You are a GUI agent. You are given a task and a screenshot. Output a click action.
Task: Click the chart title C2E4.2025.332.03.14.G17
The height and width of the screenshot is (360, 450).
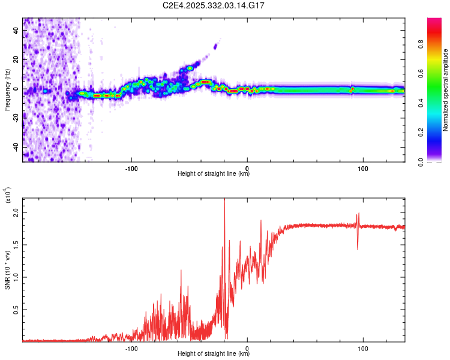pyautogui.click(x=214, y=5)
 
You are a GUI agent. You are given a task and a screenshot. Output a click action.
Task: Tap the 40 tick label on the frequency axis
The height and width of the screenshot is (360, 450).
pyautogui.click(x=16, y=31)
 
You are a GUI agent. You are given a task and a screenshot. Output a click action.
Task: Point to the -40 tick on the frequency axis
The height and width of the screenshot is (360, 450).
pyautogui.click(x=16, y=146)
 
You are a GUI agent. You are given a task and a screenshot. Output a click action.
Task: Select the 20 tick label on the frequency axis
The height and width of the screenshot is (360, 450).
pyautogui.click(x=16, y=60)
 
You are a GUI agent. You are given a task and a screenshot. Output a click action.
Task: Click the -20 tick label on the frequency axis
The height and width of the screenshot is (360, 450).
pyautogui.click(x=16, y=118)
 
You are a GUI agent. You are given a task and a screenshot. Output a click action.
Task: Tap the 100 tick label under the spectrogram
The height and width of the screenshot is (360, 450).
pyautogui.click(x=362, y=168)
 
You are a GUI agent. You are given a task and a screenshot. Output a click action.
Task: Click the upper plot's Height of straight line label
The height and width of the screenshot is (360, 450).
pyautogui.click(x=214, y=174)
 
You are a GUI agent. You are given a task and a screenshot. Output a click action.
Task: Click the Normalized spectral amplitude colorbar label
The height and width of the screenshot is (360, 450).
pyautogui.click(x=446, y=90)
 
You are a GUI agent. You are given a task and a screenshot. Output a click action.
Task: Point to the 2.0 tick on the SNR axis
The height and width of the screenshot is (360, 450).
pyautogui.click(x=16, y=212)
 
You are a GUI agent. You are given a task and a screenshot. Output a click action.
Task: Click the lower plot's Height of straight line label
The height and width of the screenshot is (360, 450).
pyautogui.click(x=214, y=353)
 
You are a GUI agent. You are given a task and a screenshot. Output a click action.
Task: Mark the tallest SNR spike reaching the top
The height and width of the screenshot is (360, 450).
pyautogui.click(x=224, y=200)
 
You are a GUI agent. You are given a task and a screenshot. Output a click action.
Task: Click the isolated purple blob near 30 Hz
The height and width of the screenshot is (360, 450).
pyautogui.click(x=215, y=46)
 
